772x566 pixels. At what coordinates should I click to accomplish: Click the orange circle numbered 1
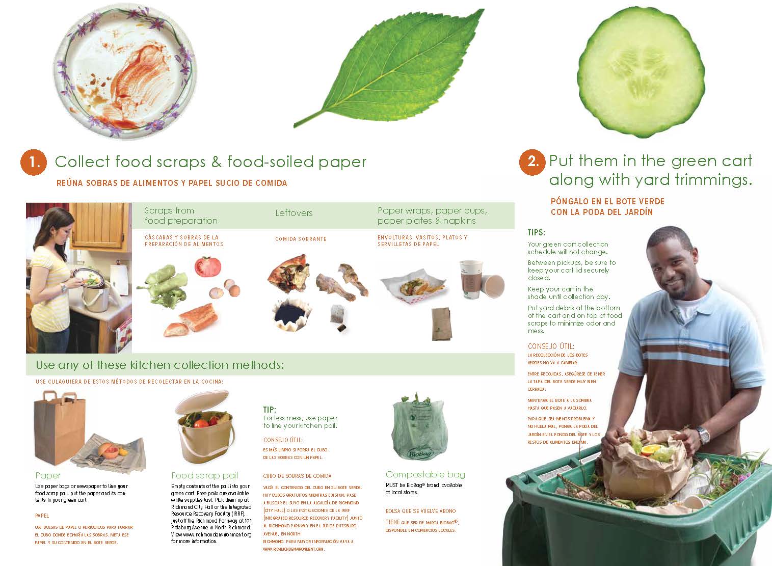point(33,162)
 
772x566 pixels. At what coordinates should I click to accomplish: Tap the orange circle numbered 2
point(532,162)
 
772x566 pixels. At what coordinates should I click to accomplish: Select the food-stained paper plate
point(125,71)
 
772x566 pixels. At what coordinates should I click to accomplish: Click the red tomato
point(208,266)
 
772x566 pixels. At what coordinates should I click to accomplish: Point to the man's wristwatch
point(703,435)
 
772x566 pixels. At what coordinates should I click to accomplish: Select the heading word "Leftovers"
point(294,213)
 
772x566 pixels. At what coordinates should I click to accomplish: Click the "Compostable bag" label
point(425,474)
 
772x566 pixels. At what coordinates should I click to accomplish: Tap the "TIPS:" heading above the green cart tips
point(536,232)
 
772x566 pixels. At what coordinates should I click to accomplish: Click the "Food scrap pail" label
point(204,475)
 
